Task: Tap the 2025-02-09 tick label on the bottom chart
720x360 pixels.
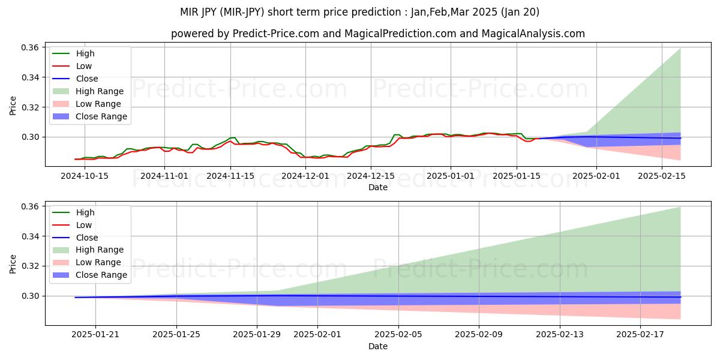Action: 479,335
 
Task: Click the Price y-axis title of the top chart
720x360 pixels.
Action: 13,106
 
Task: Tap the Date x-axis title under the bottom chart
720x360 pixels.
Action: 377,346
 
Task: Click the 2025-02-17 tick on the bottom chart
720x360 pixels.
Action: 640,335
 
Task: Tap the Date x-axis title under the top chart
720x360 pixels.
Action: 377,187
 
